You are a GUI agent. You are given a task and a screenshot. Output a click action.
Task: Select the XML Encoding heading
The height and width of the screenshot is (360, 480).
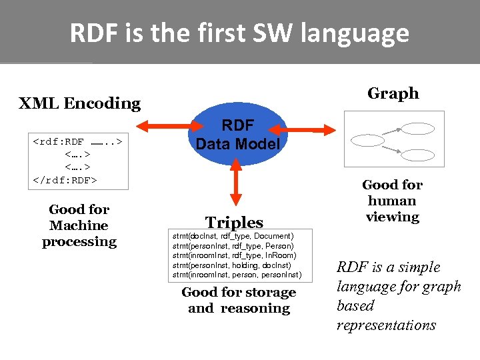point(79,103)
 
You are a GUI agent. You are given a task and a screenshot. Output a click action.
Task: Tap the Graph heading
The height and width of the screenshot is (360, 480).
point(393,93)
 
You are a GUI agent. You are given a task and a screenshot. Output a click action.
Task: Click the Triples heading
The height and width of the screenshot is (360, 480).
point(234,223)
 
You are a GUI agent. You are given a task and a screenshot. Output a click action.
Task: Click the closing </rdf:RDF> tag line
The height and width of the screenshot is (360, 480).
point(65,180)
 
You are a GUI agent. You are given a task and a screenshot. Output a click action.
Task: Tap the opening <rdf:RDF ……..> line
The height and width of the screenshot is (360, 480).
point(77,142)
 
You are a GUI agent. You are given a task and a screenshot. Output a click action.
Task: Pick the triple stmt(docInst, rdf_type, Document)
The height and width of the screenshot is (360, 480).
point(233,236)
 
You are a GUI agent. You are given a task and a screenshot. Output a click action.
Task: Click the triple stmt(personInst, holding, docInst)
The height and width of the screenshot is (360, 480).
point(231,265)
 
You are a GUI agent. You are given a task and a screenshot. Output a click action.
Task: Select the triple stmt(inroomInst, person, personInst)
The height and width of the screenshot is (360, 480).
point(237,275)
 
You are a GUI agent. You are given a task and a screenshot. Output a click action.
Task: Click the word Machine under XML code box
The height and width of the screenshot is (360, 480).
point(79,225)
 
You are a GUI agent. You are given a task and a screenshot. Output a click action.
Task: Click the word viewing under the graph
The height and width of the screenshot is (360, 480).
point(393,217)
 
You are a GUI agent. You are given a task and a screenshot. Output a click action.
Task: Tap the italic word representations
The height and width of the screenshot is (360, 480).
point(386,325)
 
